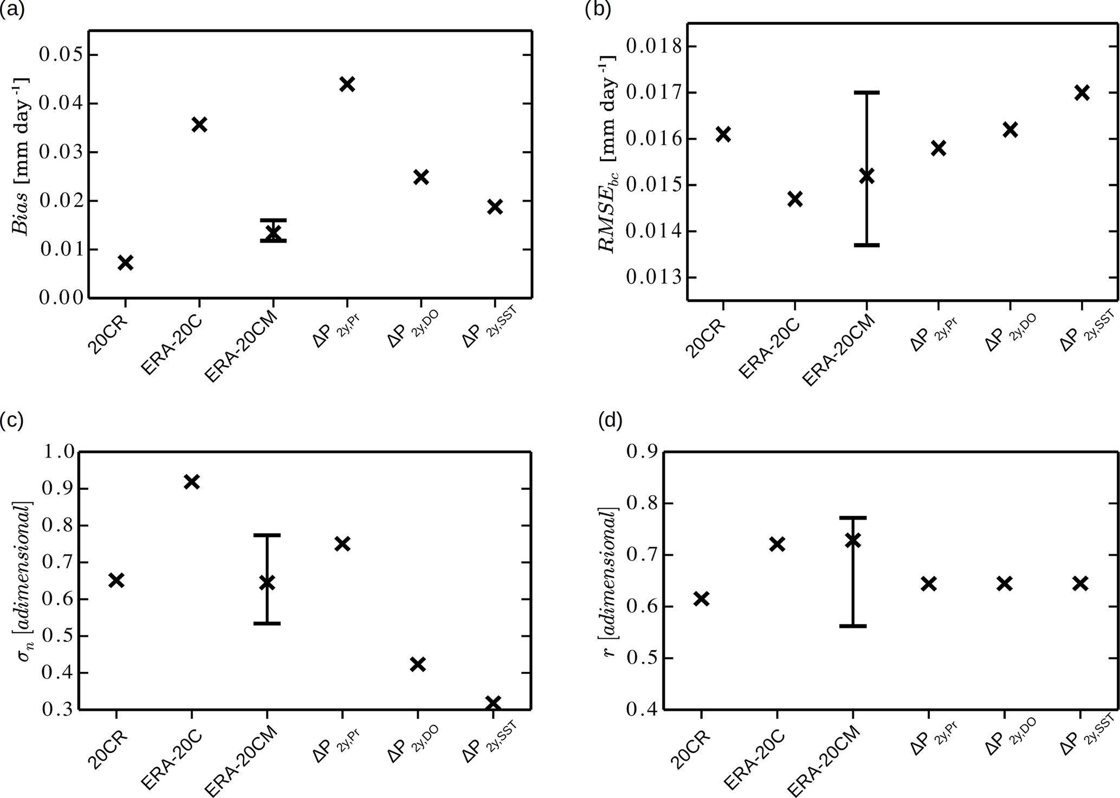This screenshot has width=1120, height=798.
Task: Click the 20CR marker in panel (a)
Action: coord(125,263)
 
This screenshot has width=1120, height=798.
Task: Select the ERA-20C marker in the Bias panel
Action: coord(199,125)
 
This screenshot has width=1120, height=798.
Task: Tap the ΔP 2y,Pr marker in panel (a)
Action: coord(347,84)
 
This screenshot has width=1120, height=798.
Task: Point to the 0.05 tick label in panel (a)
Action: coord(61,55)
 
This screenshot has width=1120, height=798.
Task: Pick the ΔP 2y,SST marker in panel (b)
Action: coord(1082,93)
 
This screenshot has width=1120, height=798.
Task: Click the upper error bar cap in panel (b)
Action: coord(866,93)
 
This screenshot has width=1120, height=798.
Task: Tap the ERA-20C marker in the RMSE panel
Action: coord(794,199)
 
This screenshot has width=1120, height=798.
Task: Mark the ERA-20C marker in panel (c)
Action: coord(192,482)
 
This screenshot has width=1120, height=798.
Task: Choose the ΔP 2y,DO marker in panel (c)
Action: coord(417,664)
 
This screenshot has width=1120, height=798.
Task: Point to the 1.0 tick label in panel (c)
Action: coord(56,452)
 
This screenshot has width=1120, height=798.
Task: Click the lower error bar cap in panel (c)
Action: coord(267,624)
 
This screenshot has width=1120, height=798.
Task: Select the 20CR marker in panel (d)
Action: coord(701,599)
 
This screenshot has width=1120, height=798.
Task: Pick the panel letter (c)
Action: coord(11,420)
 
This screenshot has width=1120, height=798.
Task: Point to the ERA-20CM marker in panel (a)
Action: coord(273,232)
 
